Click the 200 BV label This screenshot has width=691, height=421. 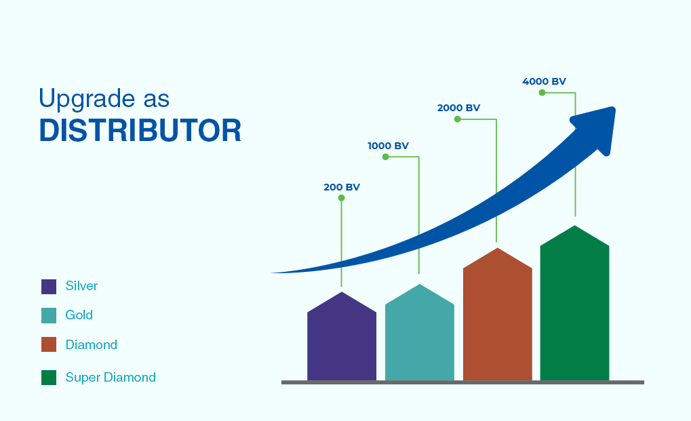click(x=342, y=187)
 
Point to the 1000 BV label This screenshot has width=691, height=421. click(x=389, y=146)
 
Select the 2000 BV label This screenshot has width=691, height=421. click(x=458, y=108)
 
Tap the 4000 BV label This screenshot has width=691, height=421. click(x=544, y=81)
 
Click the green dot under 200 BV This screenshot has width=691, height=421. click(x=341, y=198)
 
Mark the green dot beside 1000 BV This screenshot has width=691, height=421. click(x=386, y=157)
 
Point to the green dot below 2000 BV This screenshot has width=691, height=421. click(x=458, y=119)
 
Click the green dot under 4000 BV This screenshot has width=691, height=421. click(x=542, y=92)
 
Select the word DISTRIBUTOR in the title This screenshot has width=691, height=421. click(x=140, y=130)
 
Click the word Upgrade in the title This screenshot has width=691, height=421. click(x=86, y=99)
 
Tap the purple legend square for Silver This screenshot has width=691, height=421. click(x=49, y=287)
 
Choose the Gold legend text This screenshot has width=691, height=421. click(x=79, y=315)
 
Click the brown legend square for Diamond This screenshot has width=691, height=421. click(x=49, y=344)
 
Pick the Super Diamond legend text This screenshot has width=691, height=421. click(x=111, y=378)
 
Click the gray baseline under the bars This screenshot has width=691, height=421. click(x=462, y=382)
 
